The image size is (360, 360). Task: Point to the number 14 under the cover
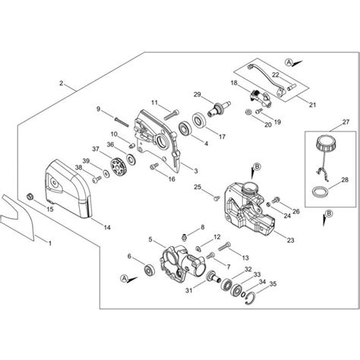pos(107,227)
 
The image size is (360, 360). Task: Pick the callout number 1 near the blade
pos(51,244)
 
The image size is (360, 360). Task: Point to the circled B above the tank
pos(255,166)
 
